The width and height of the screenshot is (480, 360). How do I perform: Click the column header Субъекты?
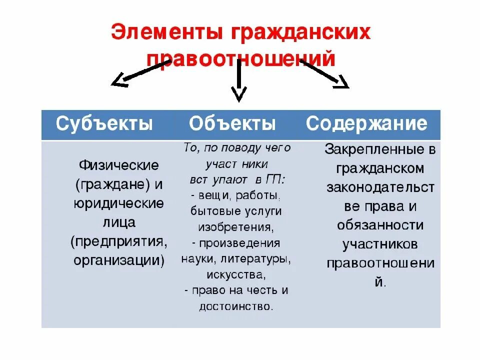pyautogui.click(x=104, y=123)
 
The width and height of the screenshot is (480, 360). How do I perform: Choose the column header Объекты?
pyautogui.click(x=232, y=123)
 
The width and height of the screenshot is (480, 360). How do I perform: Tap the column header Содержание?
pyautogui.click(x=366, y=123)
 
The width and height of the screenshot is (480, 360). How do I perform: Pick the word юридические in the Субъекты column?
pyautogui.click(x=118, y=203)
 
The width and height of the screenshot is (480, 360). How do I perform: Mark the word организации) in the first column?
pyautogui.click(x=118, y=260)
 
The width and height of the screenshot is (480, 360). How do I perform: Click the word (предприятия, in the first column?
pyautogui.click(x=119, y=241)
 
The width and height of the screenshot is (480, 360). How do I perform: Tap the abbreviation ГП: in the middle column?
pyautogui.click(x=276, y=179)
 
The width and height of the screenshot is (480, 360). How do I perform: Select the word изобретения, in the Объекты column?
pyautogui.click(x=235, y=226)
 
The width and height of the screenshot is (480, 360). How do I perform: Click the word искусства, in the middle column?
pyautogui.click(x=235, y=274)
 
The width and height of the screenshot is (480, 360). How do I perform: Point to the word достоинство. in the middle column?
pyautogui.click(x=236, y=306)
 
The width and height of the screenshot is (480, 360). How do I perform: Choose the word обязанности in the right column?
pyautogui.click(x=380, y=225)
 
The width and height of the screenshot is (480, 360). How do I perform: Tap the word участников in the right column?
pyautogui.click(x=380, y=244)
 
